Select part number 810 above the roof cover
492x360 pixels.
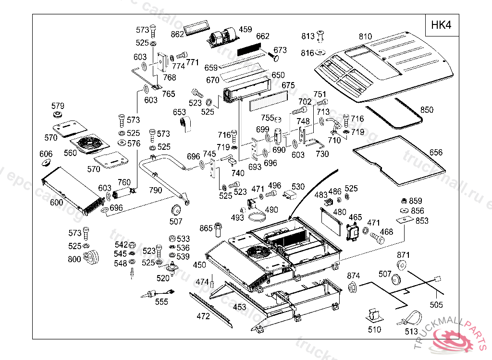pos(366,37)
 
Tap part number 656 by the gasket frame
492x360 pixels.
pos(436,153)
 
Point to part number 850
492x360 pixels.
pos(427,110)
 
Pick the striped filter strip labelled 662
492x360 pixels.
pos(250,48)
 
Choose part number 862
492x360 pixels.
pos(178,34)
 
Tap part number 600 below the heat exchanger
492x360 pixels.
pos(56,203)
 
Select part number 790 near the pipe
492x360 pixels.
pos(156,190)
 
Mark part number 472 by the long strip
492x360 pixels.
pos(203,316)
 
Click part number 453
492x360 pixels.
pos(239,307)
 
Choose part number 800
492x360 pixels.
pos(74,259)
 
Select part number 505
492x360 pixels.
pos(436,304)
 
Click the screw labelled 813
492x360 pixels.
pos(321,36)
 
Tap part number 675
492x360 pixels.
pos(288,85)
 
